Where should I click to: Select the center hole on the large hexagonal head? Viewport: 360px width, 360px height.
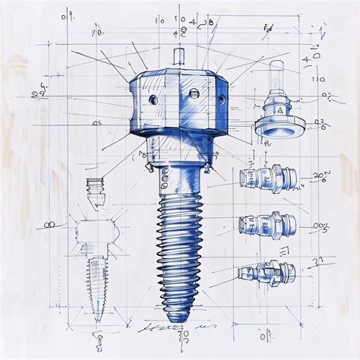pos(194,93)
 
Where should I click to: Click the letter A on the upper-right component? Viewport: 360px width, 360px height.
pos(280,110)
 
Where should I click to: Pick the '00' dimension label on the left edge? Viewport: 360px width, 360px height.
pos(51,225)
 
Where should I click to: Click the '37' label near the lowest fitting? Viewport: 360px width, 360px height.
pos(318,261)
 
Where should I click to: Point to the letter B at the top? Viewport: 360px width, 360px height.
pos(210,22)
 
